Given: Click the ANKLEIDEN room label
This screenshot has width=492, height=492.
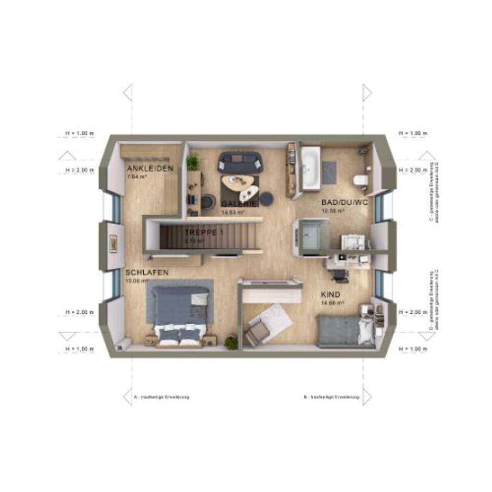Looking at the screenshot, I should tap(149, 168).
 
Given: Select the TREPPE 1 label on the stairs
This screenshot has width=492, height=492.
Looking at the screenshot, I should tap(204, 233).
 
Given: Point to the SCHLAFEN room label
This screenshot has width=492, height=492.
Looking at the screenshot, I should tap(147, 272).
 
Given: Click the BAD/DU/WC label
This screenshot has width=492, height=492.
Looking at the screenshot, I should tap(344, 202).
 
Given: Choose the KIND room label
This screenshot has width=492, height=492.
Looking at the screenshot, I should tap(331, 294).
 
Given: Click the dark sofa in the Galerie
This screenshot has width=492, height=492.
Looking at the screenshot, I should tap(240, 162).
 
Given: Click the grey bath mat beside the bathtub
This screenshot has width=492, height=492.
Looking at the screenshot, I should tap(329, 172).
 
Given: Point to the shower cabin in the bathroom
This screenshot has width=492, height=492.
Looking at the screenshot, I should tap(311, 236).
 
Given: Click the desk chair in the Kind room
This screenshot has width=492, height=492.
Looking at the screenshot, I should tap(340, 274).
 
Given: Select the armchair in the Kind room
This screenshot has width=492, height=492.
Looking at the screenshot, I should tap(258, 332).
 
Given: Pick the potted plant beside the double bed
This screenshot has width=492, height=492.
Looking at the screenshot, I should tap(231, 342).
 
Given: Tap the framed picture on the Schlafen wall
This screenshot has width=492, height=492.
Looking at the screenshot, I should tap(113, 244).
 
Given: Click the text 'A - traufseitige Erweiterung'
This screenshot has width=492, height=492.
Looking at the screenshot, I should tap(161, 397).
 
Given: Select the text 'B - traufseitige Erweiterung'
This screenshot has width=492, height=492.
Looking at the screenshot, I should tap(332, 397).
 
